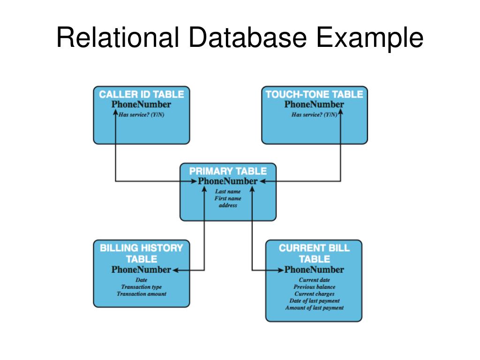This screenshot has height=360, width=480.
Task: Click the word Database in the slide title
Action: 247,37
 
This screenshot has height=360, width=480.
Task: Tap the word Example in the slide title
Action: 370,37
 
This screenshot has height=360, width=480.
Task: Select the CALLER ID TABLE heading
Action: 141,94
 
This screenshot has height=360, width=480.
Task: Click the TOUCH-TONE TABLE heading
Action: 314,94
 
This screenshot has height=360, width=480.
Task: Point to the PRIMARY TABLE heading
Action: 228,171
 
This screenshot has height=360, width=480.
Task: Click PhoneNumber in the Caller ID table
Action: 141,105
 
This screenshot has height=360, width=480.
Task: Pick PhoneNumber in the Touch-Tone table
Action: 314,105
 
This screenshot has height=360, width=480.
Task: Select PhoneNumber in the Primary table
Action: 228,181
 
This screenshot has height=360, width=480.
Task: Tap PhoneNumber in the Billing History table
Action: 141,270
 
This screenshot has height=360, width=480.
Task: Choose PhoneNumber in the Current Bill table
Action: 314,270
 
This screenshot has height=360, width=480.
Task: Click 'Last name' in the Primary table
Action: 228,191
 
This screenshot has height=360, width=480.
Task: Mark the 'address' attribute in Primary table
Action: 228,205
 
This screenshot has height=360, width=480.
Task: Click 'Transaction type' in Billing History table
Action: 141,287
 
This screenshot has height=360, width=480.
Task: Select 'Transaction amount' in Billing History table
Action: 141,294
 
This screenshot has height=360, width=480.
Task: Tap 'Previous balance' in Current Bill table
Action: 314,287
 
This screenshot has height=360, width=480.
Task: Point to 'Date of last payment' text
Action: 314,301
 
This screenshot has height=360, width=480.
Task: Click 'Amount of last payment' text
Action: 314,308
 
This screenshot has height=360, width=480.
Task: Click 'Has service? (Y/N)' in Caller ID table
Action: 141,115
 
